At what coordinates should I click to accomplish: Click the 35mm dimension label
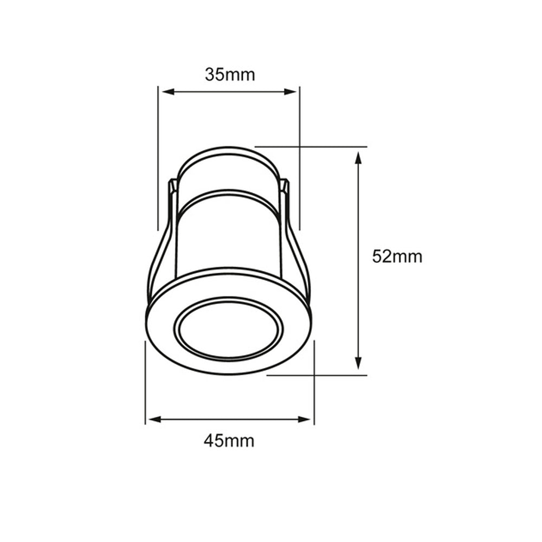pos(229,74)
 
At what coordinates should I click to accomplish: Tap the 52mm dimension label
pos(397,256)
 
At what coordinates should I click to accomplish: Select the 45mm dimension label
pos(229,441)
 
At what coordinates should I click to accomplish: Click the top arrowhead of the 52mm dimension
pos(358,159)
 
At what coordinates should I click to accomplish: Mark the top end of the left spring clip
pos(172,184)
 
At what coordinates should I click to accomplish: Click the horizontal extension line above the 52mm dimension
pos(325,146)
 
